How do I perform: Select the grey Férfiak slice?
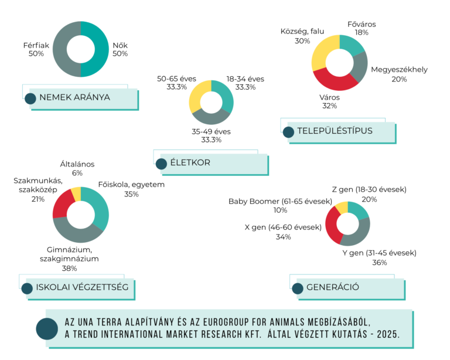pyautogui.click(x=60, y=49)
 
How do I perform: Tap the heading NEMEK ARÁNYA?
pyautogui.click(x=74, y=97)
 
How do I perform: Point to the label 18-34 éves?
pyautogui.click(x=246, y=79)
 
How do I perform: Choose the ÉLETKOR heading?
pyautogui.click(x=191, y=162)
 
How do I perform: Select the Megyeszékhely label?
pyautogui.click(x=399, y=70)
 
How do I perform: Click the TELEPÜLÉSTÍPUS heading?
pyautogui.click(x=336, y=131)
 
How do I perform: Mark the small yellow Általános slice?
pyautogui.click(x=76, y=193)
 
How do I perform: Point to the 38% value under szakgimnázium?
pyautogui.click(x=69, y=268)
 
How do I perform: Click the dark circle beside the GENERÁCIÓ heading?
pyautogui.click(x=298, y=288)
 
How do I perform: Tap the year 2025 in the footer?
pyautogui.click(x=387, y=334)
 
